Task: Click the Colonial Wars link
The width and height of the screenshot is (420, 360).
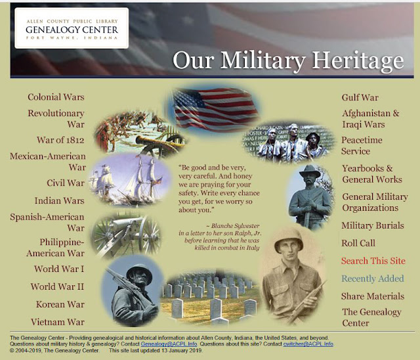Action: tap(56, 97)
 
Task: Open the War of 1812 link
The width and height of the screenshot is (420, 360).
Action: tap(60, 140)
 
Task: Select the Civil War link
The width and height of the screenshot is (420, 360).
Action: tap(66, 183)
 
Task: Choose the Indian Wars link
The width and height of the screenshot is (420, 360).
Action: tap(60, 200)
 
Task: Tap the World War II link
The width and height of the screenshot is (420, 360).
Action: tap(57, 286)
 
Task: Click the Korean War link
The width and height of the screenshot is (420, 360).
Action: tap(60, 304)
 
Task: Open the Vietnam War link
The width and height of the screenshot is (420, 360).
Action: tap(58, 322)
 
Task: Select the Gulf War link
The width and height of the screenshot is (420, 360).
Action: tap(360, 97)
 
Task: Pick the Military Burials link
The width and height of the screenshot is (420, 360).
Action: tap(373, 225)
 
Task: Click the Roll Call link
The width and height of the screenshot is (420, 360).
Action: tap(358, 243)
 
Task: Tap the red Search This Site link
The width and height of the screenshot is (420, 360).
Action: tap(373, 261)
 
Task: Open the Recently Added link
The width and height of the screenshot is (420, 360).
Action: tap(373, 279)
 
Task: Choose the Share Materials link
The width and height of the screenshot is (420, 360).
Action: tap(373, 296)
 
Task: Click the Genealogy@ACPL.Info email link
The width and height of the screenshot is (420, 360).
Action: tap(169, 344)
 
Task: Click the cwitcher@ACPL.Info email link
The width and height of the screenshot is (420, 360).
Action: tap(308, 344)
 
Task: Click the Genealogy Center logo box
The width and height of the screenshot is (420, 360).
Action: tap(72, 28)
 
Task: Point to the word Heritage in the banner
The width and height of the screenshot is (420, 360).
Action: tap(358, 60)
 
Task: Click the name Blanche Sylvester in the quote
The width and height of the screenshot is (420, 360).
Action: tap(235, 226)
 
